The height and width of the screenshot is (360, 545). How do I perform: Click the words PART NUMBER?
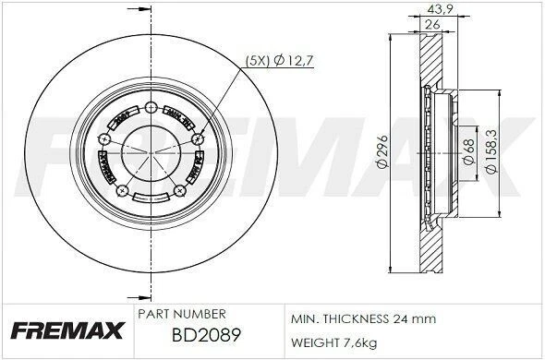pyautogui.click(x=178, y=315)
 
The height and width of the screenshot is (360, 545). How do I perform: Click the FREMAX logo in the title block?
pyautogui.click(x=67, y=330)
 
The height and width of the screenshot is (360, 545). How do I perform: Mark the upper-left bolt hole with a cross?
pyautogui.click(x=103, y=138)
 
